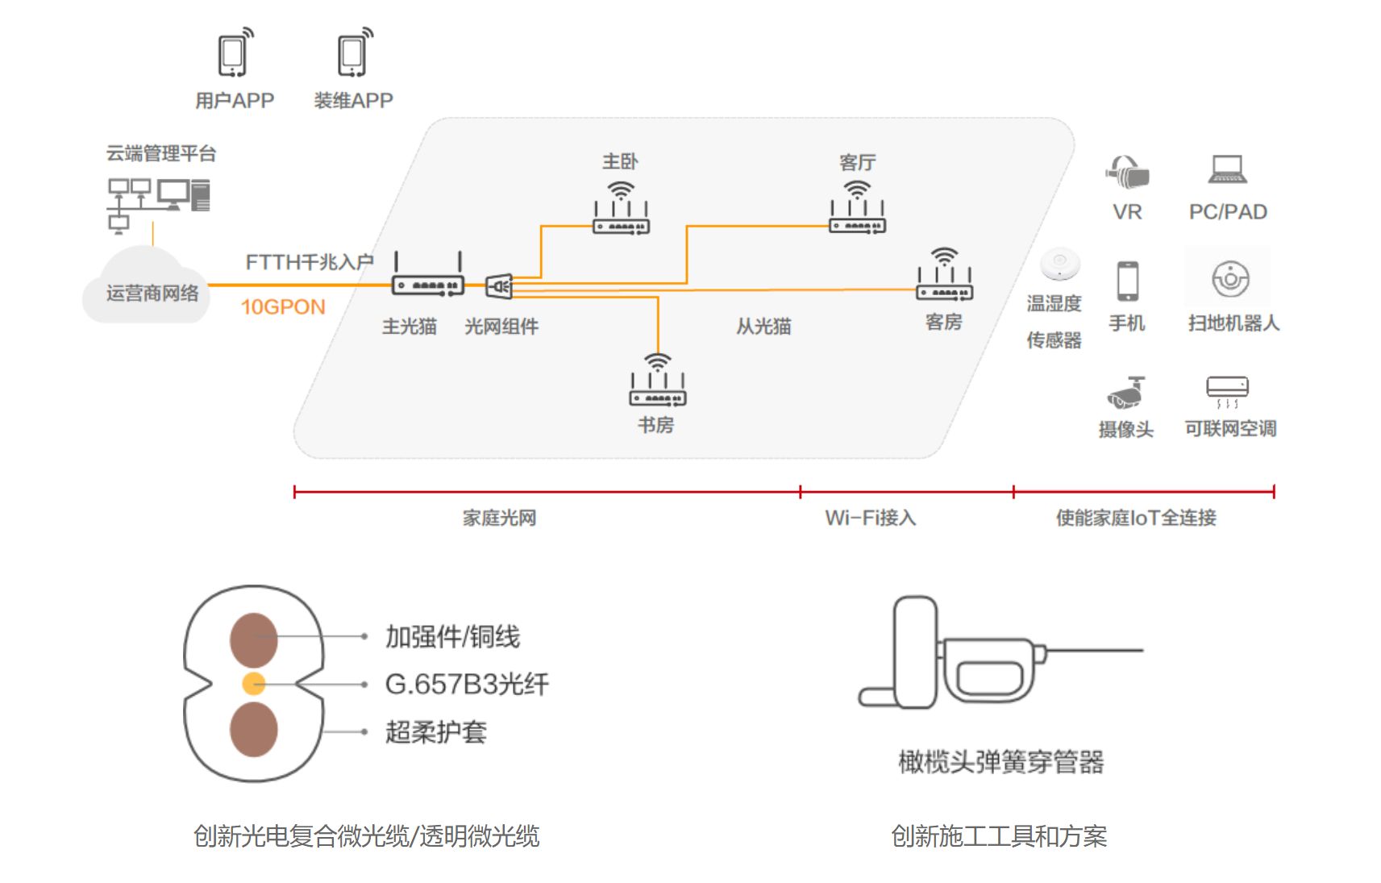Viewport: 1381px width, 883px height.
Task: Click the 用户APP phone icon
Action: click(235, 53)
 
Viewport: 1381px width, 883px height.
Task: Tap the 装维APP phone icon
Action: click(355, 53)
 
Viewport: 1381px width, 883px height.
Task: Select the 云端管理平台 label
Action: click(161, 153)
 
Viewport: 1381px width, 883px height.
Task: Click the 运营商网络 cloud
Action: click(146, 285)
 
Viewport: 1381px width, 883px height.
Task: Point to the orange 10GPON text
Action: click(283, 306)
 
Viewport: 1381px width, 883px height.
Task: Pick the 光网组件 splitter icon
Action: click(499, 287)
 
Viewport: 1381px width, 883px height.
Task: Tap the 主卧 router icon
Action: click(621, 208)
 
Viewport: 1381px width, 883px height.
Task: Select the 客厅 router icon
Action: click(858, 207)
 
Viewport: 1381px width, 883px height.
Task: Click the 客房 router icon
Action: click(945, 274)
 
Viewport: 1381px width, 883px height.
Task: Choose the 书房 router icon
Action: click(658, 380)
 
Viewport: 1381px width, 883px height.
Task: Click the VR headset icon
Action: click(1128, 172)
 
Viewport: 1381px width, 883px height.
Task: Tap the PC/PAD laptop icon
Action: click(1228, 169)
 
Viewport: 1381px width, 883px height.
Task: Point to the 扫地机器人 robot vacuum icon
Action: click(1230, 279)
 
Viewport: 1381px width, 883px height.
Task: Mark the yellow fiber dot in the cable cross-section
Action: click(253, 684)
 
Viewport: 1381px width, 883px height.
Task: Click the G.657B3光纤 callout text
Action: click(467, 684)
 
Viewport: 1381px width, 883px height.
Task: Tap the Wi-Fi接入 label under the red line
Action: click(871, 518)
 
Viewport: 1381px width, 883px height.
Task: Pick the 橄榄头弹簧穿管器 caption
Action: click(1001, 761)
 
